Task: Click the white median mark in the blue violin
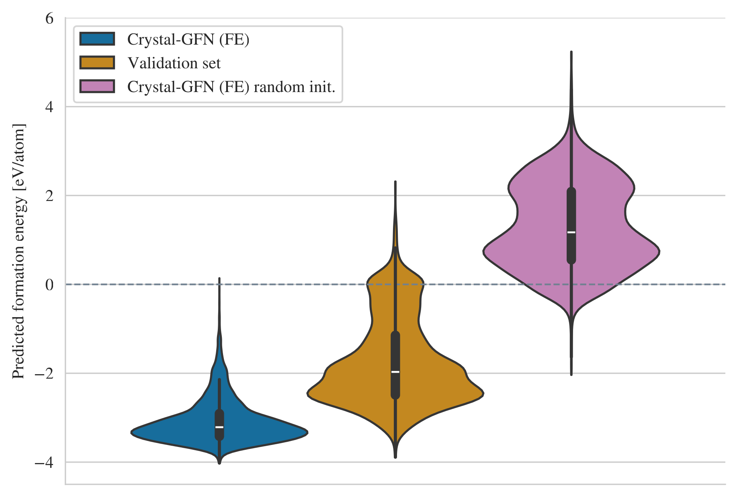click(219, 427)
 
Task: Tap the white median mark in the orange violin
click(395, 372)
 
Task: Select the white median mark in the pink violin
click(571, 232)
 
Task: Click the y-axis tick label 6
click(49, 18)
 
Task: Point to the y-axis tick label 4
click(49, 107)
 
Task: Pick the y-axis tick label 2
click(49, 196)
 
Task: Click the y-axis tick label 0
click(49, 285)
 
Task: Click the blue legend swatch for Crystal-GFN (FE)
click(97, 39)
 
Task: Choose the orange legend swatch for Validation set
click(97, 63)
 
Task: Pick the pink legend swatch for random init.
click(97, 86)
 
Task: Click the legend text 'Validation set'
click(174, 63)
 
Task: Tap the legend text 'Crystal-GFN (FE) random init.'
click(231, 87)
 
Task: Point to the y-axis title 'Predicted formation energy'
click(18, 251)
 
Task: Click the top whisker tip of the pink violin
click(571, 52)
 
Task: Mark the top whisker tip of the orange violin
click(395, 182)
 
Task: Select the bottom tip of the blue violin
click(219, 463)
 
